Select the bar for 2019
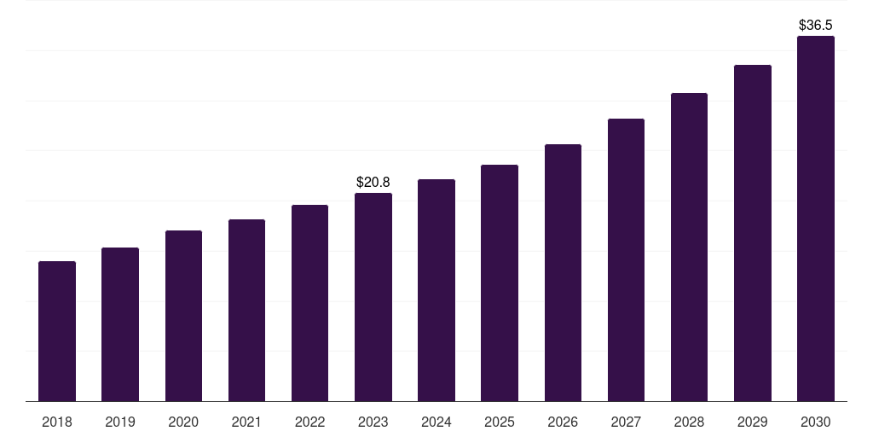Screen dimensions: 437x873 coord(120,324)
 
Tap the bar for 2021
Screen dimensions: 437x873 coord(246,311)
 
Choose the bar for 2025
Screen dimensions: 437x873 coord(500,283)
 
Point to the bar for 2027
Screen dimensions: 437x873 coord(626,260)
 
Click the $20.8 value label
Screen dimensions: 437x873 coord(373,182)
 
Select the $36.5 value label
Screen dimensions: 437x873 coord(816,25)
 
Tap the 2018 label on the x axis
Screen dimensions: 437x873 coord(57,422)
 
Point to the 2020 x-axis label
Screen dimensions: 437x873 coord(183,422)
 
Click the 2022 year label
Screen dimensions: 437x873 coord(310,422)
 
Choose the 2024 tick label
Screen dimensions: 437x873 coord(436,422)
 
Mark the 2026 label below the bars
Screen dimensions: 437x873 coord(563,422)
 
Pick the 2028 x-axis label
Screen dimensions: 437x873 coord(689,422)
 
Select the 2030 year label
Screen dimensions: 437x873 coord(816,422)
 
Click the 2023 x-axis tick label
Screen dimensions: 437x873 coord(373,422)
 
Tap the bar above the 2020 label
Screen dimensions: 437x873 coord(183,316)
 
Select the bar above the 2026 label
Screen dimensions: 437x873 coord(563,273)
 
